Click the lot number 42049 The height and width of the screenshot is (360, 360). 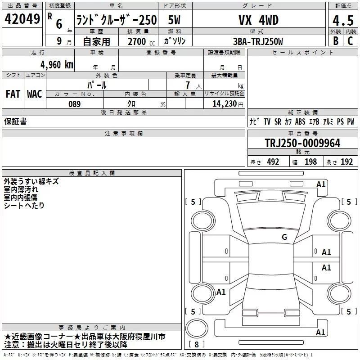(x=22, y=19)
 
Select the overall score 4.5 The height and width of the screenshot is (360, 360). (x=343, y=20)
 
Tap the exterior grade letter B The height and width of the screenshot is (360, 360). (x=336, y=41)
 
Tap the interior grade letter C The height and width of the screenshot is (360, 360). (x=350, y=41)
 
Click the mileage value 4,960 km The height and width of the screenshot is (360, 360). (x=57, y=65)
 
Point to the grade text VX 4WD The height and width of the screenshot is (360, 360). (x=258, y=20)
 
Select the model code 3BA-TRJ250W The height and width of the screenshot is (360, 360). (x=258, y=41)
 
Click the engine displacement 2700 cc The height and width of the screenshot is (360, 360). (x=141, y=42)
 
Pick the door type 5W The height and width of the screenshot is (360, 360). (x=174, y=20)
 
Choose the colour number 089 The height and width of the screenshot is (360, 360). (x=75, y=104)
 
